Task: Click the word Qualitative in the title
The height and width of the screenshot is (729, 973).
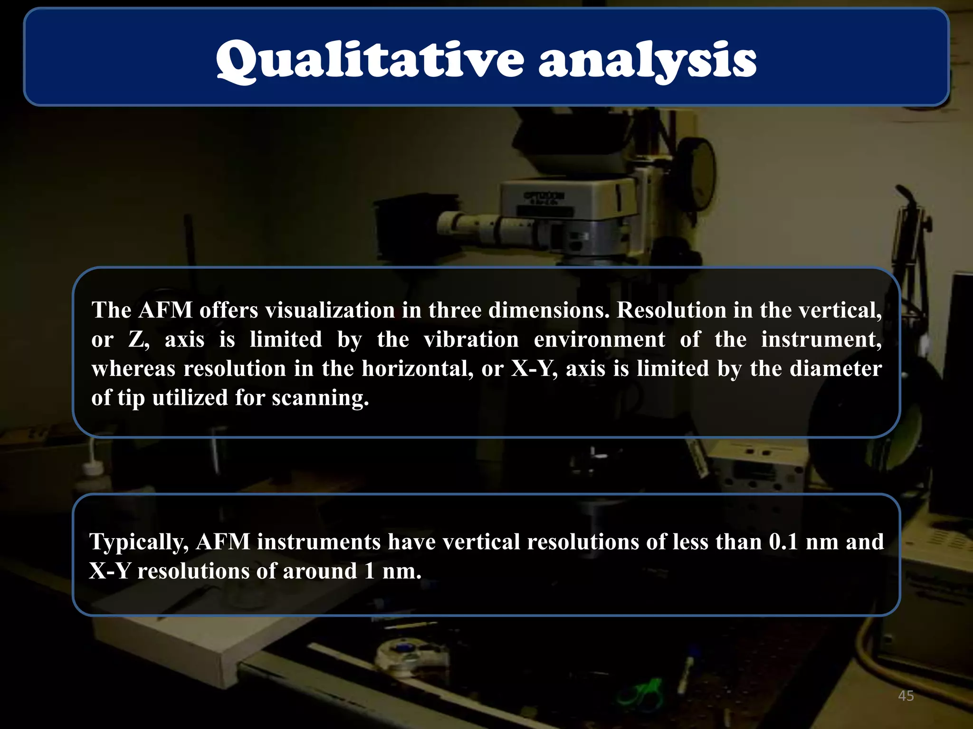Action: tap(370, 60)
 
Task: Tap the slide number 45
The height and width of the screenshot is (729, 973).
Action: tap(906, 696)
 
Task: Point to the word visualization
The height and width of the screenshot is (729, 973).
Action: tap(330, 310)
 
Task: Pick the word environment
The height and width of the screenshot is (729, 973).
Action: tap(600, 340)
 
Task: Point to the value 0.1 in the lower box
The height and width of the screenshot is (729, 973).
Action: tap(783, 542)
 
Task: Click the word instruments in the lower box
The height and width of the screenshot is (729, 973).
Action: tap(319, 542)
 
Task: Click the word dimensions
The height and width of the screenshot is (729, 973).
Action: tap(549, 310)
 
